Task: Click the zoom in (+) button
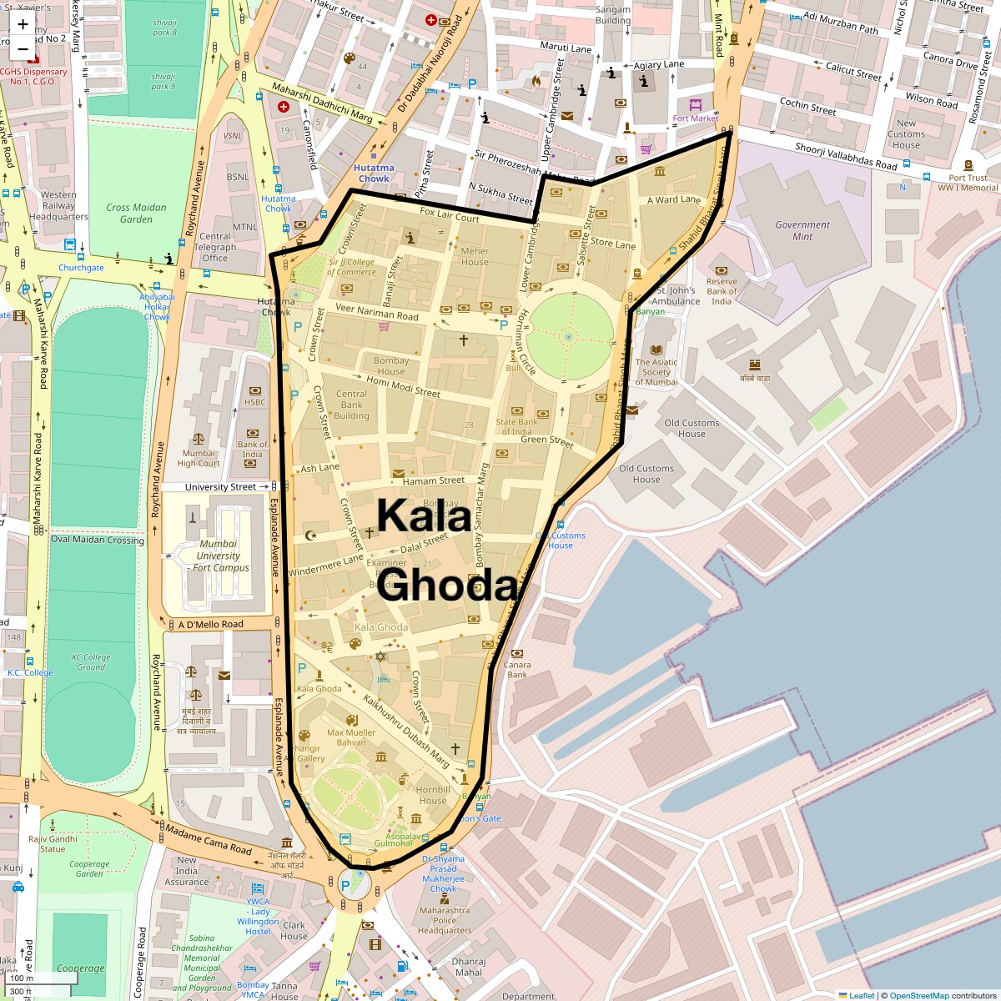[x=23, y=24]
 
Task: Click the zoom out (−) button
[x=23, y=49]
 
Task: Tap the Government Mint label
[x=802, y=230]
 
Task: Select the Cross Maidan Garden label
[x=136, y=214]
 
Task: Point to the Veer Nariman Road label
[x=377, y=312]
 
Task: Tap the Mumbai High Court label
[x=199, y=458]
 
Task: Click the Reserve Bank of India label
[x=722, y=291]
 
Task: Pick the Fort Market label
[x=696, y=118]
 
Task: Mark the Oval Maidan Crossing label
[x=98, y=540]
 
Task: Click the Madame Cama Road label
[x=209, y=838]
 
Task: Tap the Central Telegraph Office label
[x=214, y=247]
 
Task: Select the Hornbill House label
[x=433, y=795]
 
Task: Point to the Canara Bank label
[x=517, y=669]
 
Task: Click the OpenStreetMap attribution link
[x=918, y=995]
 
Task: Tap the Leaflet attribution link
[x=862, y=995]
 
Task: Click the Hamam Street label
[x=434, y=480]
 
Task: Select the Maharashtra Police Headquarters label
[x=445, y=920]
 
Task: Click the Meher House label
[x=475, y=256]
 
